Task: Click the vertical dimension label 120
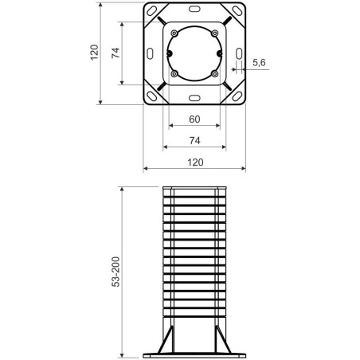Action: click(x=95, y=53)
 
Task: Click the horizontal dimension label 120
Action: click(x=194, y=162)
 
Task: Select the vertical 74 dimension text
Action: click(x=116, y=53)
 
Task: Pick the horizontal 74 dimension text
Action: click(x=194, y=140)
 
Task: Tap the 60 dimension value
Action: click(x=194, y=120)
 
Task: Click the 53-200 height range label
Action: click(x=116, y=272)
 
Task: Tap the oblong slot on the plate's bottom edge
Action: click(x=194, y=99)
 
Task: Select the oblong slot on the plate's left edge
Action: click(x=150, y=53)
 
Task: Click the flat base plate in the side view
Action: click(x=194, y=354)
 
